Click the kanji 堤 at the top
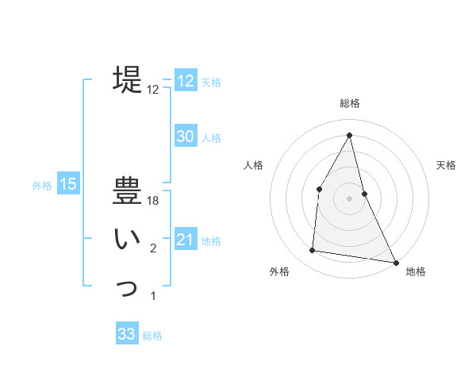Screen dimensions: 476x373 tap(128, 79)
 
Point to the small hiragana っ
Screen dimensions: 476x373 tap(128, 287)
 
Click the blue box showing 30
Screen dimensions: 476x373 tap(186, 137)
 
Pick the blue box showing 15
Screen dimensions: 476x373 tap(68, 185)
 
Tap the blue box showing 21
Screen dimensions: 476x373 tap(186, 240)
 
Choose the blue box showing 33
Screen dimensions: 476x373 tap(127, 334)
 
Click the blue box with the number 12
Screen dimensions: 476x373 tap(186, 81)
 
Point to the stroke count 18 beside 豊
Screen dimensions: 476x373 tap(153, 202)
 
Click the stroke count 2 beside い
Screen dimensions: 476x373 tap(153, 249)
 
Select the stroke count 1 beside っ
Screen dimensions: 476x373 tap(153, 297)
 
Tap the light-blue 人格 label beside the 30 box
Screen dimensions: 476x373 tap(211, 138)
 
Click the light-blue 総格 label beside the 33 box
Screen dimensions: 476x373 tap(152, 336)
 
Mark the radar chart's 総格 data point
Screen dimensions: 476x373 tap(349, 134)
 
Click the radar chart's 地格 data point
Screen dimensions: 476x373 tap(396, 262)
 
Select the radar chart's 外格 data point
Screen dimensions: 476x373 tap(313, 251)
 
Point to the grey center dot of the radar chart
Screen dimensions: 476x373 tap(349, 198)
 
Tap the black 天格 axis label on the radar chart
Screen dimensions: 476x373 tap(447, 165)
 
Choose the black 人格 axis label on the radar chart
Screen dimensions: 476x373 tap(253, 165)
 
